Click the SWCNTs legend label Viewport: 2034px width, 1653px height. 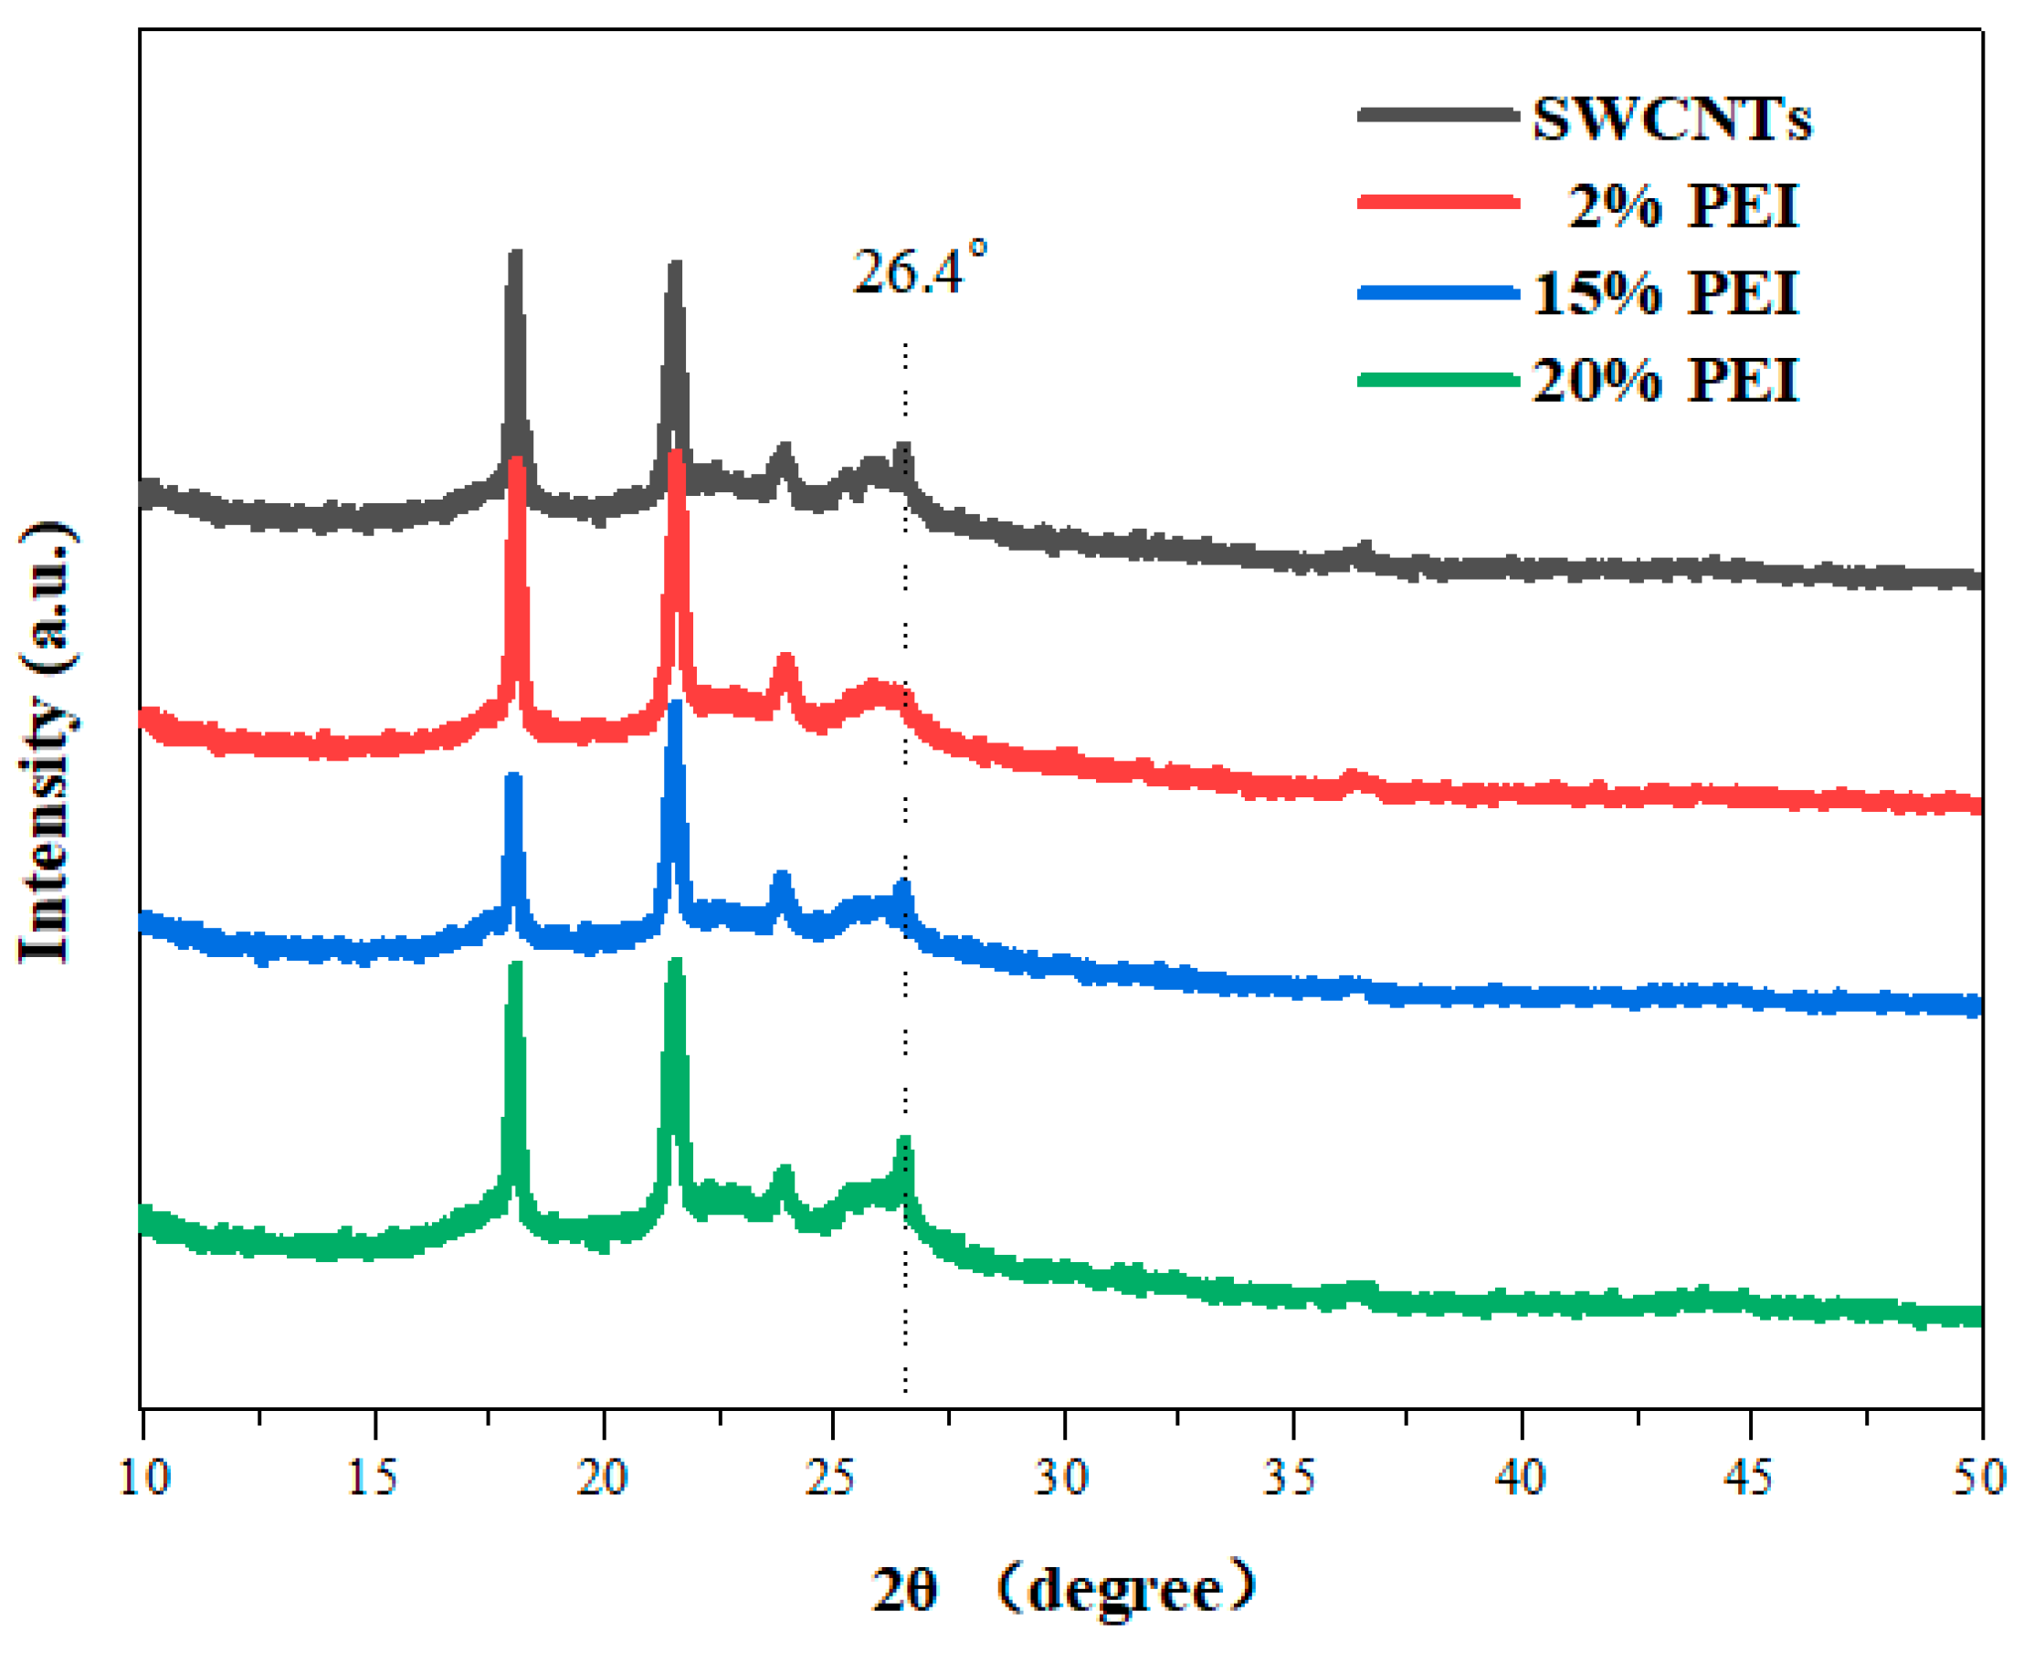tap(1671, 120)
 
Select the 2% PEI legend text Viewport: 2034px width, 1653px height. tap(1682, 205)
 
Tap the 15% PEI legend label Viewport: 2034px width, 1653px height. tap(1666, 292)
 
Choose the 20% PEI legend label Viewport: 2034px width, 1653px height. tap(1666, 380)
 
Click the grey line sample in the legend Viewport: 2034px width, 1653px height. tap(1438, 115)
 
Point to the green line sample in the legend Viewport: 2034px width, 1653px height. tap(1438, 381)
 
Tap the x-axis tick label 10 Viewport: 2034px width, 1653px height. tap(143, 1478)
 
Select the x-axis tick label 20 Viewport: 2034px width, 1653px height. tap(603, 1478)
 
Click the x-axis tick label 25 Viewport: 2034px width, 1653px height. tap(831, 1478)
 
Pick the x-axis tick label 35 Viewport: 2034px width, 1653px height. tap(1291, 1478)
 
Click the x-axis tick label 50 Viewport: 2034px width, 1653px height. tap(1979, 1478)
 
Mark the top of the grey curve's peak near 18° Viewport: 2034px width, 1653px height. tap(516, 255)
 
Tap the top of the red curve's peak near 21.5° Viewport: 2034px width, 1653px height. tap(676, 455)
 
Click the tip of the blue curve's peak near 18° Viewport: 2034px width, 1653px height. tap(513, 778)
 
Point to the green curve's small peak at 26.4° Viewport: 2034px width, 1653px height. tap(904, 1142)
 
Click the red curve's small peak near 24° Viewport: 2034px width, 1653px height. tap(785, 660)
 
